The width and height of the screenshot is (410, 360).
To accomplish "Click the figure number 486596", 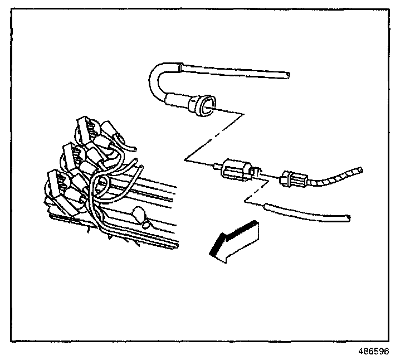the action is [374, 352].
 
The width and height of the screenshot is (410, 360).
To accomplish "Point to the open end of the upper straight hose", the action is [286, 73].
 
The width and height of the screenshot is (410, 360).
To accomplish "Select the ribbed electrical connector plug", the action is [294, 179].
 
